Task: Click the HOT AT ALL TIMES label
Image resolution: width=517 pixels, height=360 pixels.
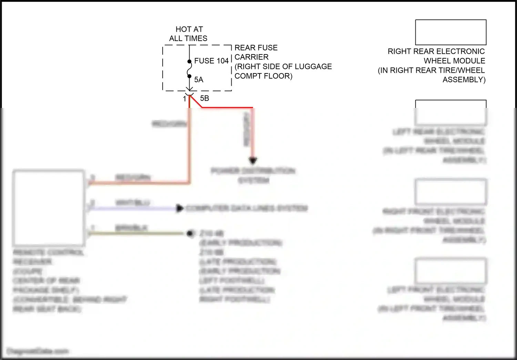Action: pyautogui.click(x=189, y=34)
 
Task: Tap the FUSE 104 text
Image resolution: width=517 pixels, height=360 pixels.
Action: pyautogui.click(x=211, y=61)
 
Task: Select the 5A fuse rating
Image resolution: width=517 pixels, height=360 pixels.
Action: pyautogui.click(x=199, y=80)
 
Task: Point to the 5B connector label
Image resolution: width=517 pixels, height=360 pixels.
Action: pyautogui.click(x=204, y=98)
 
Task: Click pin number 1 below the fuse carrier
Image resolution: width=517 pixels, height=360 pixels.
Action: pyautogui.click(x=184, y=99)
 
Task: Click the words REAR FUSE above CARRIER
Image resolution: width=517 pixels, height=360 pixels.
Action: pyautogui.click(x=256, y=48)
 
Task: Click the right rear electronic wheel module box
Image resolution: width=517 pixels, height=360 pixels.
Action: pyautogui.click(x=450, y=32)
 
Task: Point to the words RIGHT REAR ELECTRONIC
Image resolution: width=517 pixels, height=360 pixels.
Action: pyautogui.click(x=436, y=51)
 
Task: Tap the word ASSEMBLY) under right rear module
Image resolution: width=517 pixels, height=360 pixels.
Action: pyautogui.click(x=464, y=80)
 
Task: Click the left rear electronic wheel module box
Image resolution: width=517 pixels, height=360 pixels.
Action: pyautogui.click(x=450, y=112)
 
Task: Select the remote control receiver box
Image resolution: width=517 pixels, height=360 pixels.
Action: pyautogui.click(x=49, y=208)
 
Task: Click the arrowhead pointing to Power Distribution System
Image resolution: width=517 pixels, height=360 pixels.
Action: pyautogui.click(x=253, y=160)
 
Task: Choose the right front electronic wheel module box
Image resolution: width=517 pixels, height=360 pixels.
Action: pyautogui.click(x=450, y=192)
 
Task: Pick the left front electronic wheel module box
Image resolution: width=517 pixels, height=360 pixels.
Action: pyautogui.click(x=450, y=270)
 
